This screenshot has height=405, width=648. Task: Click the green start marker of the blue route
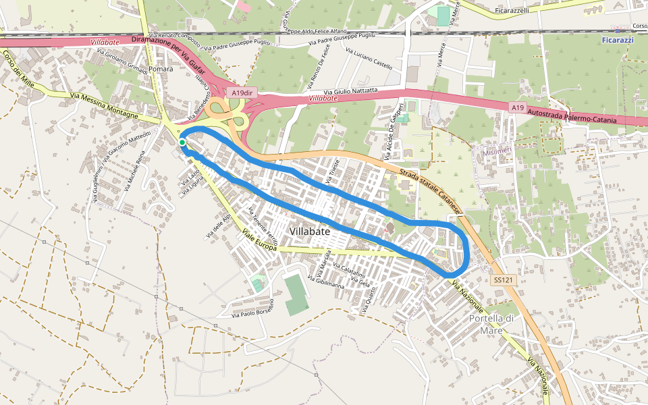(x=182, y=142)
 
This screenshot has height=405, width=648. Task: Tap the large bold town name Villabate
(x=310, y=232)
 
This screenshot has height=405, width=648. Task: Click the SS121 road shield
(x=501, y=279)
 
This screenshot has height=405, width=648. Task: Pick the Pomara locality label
(x=161, y=69)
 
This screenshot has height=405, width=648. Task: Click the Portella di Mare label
(x=492, y=324)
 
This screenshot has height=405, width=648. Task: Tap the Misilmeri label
(x=498, y=153)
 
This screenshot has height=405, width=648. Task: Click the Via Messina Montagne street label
(x=105, y=107)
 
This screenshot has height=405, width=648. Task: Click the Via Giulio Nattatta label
(x=350, y=90)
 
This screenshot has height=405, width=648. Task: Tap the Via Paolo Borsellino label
(x=252, y=308)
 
